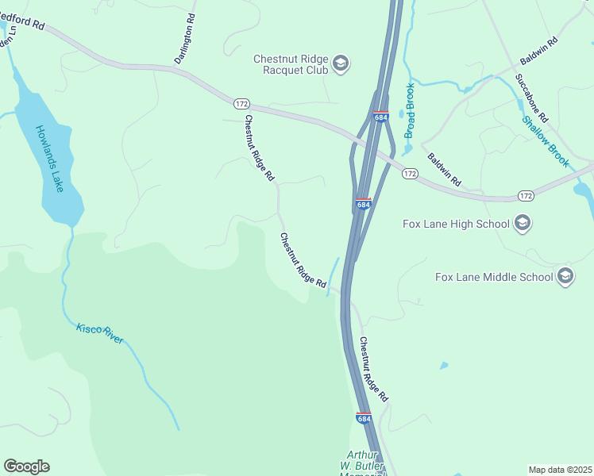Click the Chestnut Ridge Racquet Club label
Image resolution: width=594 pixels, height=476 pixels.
[x=291, y=64]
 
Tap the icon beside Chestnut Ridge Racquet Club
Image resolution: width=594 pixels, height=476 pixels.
[x=341, y=63]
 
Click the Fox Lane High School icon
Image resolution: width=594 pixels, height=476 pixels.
[x=522, y=223]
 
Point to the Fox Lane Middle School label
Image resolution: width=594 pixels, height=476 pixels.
[x=494, y=277]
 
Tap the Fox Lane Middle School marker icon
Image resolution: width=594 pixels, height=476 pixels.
[x=565, y=276]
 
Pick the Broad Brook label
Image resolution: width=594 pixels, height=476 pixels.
[x=410, y=111]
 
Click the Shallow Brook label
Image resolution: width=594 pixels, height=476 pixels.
[x=546, y=142]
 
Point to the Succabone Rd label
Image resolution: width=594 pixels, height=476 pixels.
[x=531, y=99]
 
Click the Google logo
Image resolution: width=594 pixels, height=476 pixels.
[x=26, y=466]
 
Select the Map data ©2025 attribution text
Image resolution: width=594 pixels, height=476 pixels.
[x=560, y=470]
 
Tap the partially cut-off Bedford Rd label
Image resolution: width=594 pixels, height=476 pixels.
[x=24, y=21]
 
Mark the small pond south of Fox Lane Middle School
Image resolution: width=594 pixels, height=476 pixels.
[x=443, y=366]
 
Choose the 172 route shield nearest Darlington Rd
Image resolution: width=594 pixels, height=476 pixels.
[x=242, y=104]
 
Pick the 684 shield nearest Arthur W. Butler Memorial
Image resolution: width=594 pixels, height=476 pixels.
[x=364, y=418]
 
